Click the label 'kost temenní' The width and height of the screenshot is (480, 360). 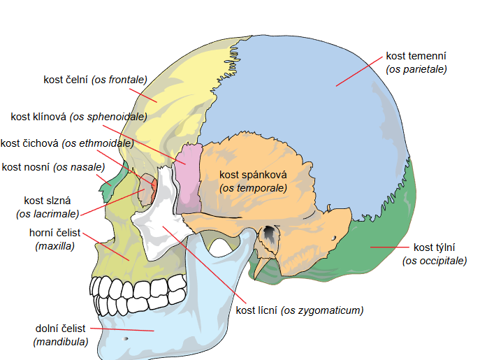tap(416, 56)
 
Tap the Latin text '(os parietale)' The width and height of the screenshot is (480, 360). tap(416, 69)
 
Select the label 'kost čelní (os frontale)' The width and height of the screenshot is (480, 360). tap(95, 80)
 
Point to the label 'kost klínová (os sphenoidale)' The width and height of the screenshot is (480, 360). tap(79, 116)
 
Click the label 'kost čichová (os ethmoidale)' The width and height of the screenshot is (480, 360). tap(67, 144)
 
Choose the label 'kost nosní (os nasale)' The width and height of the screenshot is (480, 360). tap(53, 166)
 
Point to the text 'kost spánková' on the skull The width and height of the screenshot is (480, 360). tap(253, 174)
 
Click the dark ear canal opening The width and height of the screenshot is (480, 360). tap(268, 233)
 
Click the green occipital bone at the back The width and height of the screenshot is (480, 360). tap(391, 238)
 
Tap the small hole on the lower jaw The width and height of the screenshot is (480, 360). tap(126, 339)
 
